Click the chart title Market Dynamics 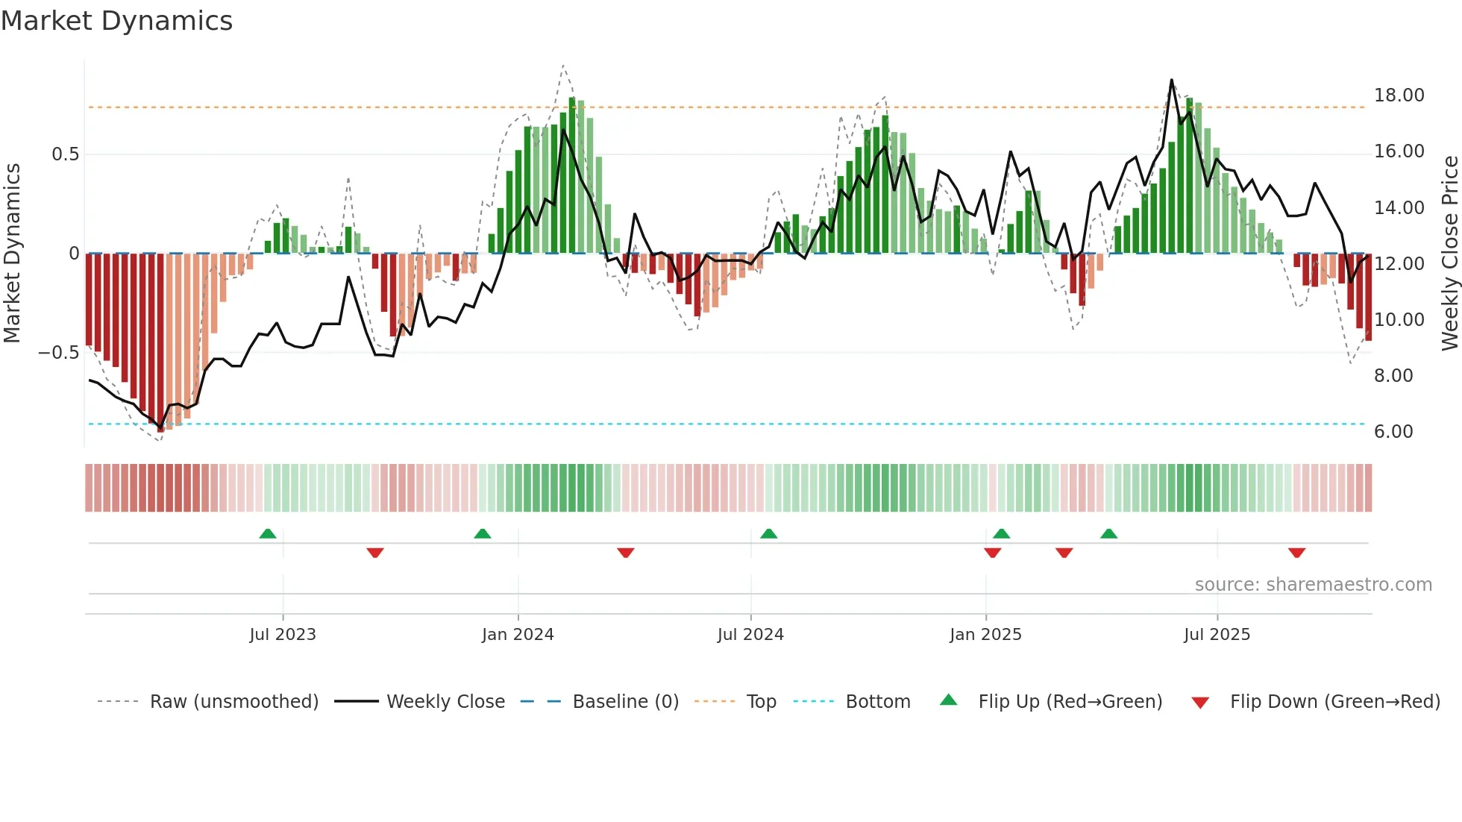pos(117,21)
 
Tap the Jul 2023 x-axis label pos(283,635)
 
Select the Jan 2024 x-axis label pos(518,635)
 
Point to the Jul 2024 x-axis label pos(750,635)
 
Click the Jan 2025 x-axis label pos(985,635)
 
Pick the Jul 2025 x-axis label pos(1217,635)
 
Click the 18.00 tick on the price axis pos(1399,95)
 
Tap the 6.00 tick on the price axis pos(1393,432)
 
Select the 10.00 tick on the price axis pos(1399,320)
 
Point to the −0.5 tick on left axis pos(59,353)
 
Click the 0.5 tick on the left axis pos(65,154)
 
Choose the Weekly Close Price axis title pos(1449,253)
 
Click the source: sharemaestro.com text pos(1313,585)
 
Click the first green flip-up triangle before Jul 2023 pos(268,533)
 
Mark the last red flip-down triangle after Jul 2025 pos(1296,553)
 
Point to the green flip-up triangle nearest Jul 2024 pos(768,533)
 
